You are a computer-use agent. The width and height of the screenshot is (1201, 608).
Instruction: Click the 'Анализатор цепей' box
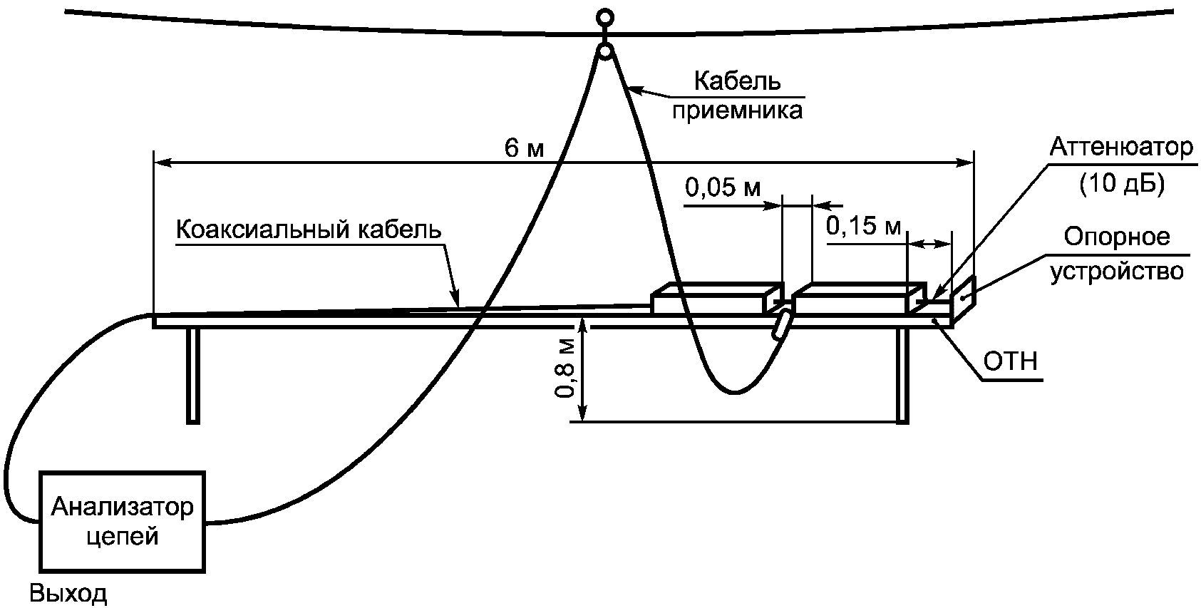pyautogui.click(x=123, y=521)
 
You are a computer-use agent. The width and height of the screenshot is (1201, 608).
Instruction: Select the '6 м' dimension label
pyautogui.click(x=524, y=148)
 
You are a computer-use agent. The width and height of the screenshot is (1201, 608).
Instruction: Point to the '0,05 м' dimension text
pyautogui.click(x=723, y=187)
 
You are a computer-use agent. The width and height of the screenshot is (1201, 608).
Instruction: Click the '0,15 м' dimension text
pyautogui.click(x=863, y=226)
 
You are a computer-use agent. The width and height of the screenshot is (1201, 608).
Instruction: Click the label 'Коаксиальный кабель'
pyautogui.click(x=309, y=230)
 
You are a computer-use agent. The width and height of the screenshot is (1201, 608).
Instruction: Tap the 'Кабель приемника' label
pyautogui.click(x=738, y=96)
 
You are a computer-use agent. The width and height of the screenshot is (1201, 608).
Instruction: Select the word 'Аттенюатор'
pyautogui.click(x=1122, y=147)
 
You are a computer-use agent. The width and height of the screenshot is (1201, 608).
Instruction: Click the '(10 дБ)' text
pyautogui.click(x=1122, y=183)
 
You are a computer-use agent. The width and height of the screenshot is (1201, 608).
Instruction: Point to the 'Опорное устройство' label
pyautogui.click(x=1117, y=254)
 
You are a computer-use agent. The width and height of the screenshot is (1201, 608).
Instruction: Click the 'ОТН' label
pyautogui.click(x=1011, y=361)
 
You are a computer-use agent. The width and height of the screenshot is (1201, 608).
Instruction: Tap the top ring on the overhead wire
pyautogui.click(x=605, y=18)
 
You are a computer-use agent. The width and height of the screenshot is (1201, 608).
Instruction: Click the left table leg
pyautogui.click(x=194, y=376)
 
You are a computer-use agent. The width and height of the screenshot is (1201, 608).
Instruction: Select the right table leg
pyautogui.click(x=903, y=376)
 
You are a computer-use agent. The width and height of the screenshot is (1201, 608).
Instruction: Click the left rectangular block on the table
pyautogui.click(x=716, y=298)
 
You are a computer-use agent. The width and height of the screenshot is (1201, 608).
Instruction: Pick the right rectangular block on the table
pyautogui.click(x=859, y=298)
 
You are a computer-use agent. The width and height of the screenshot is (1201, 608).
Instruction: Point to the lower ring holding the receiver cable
pyautogui.click(x=605, y=53)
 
